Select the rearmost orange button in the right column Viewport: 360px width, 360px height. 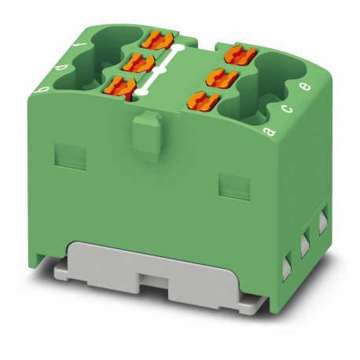click(236, 53)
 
